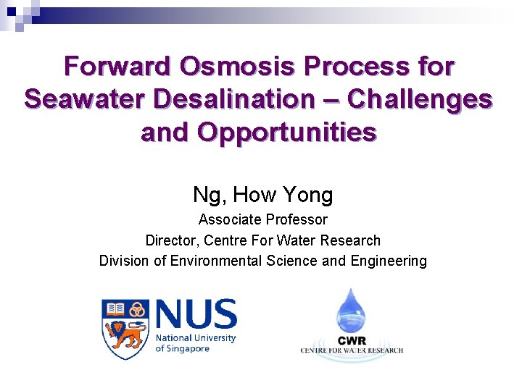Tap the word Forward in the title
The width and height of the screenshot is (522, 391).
116,67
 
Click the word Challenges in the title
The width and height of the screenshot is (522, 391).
421,99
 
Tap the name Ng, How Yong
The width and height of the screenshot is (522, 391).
262,195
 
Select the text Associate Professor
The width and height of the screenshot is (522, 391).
262,219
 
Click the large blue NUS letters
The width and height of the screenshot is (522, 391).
196,314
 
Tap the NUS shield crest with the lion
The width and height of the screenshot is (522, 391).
125,328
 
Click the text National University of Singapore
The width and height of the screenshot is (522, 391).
196,343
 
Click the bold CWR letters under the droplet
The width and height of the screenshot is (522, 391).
352,340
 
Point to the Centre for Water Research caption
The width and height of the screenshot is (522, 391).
352,350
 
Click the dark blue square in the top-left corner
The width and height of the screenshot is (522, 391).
12,12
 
